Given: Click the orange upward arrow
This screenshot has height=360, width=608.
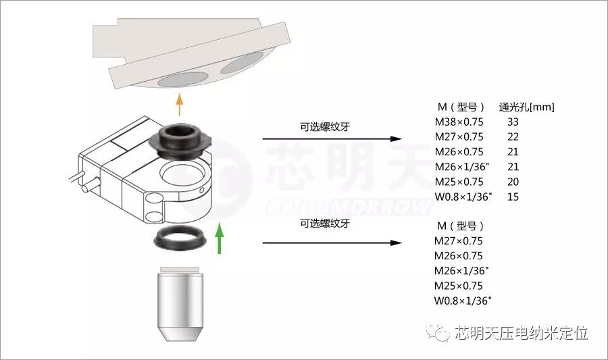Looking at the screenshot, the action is [x=179, y=104].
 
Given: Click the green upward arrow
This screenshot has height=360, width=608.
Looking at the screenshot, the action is [x=220, y=238].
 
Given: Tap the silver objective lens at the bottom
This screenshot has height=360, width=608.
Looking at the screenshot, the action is [x=180, y=304].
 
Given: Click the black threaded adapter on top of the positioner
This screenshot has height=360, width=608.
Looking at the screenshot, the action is [x=180, y=140].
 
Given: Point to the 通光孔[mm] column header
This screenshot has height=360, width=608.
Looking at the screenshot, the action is [x=526, y=107].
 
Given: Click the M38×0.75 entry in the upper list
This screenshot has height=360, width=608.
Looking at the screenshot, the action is [x=459, y=122].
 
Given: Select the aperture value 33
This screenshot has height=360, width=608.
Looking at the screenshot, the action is [x=513, y=122].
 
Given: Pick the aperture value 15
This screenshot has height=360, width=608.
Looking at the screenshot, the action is [x=513, y=197].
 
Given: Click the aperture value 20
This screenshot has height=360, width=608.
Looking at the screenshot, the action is [x=513, y=182].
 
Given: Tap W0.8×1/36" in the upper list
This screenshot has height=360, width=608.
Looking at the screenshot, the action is [x=463, y=197].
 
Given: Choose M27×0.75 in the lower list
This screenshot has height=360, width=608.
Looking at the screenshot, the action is [x=458, y=241].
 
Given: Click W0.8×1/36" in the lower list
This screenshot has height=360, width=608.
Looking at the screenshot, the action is [x=463, y=301].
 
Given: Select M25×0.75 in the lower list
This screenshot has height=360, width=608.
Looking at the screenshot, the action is [x=458, y=286].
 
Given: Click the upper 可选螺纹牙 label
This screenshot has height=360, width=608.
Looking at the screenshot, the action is [x=325, y=127].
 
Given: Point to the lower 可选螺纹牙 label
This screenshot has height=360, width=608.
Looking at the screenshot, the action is [x=325, y=223].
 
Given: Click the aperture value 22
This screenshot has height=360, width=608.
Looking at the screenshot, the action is [x=513, y=137].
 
